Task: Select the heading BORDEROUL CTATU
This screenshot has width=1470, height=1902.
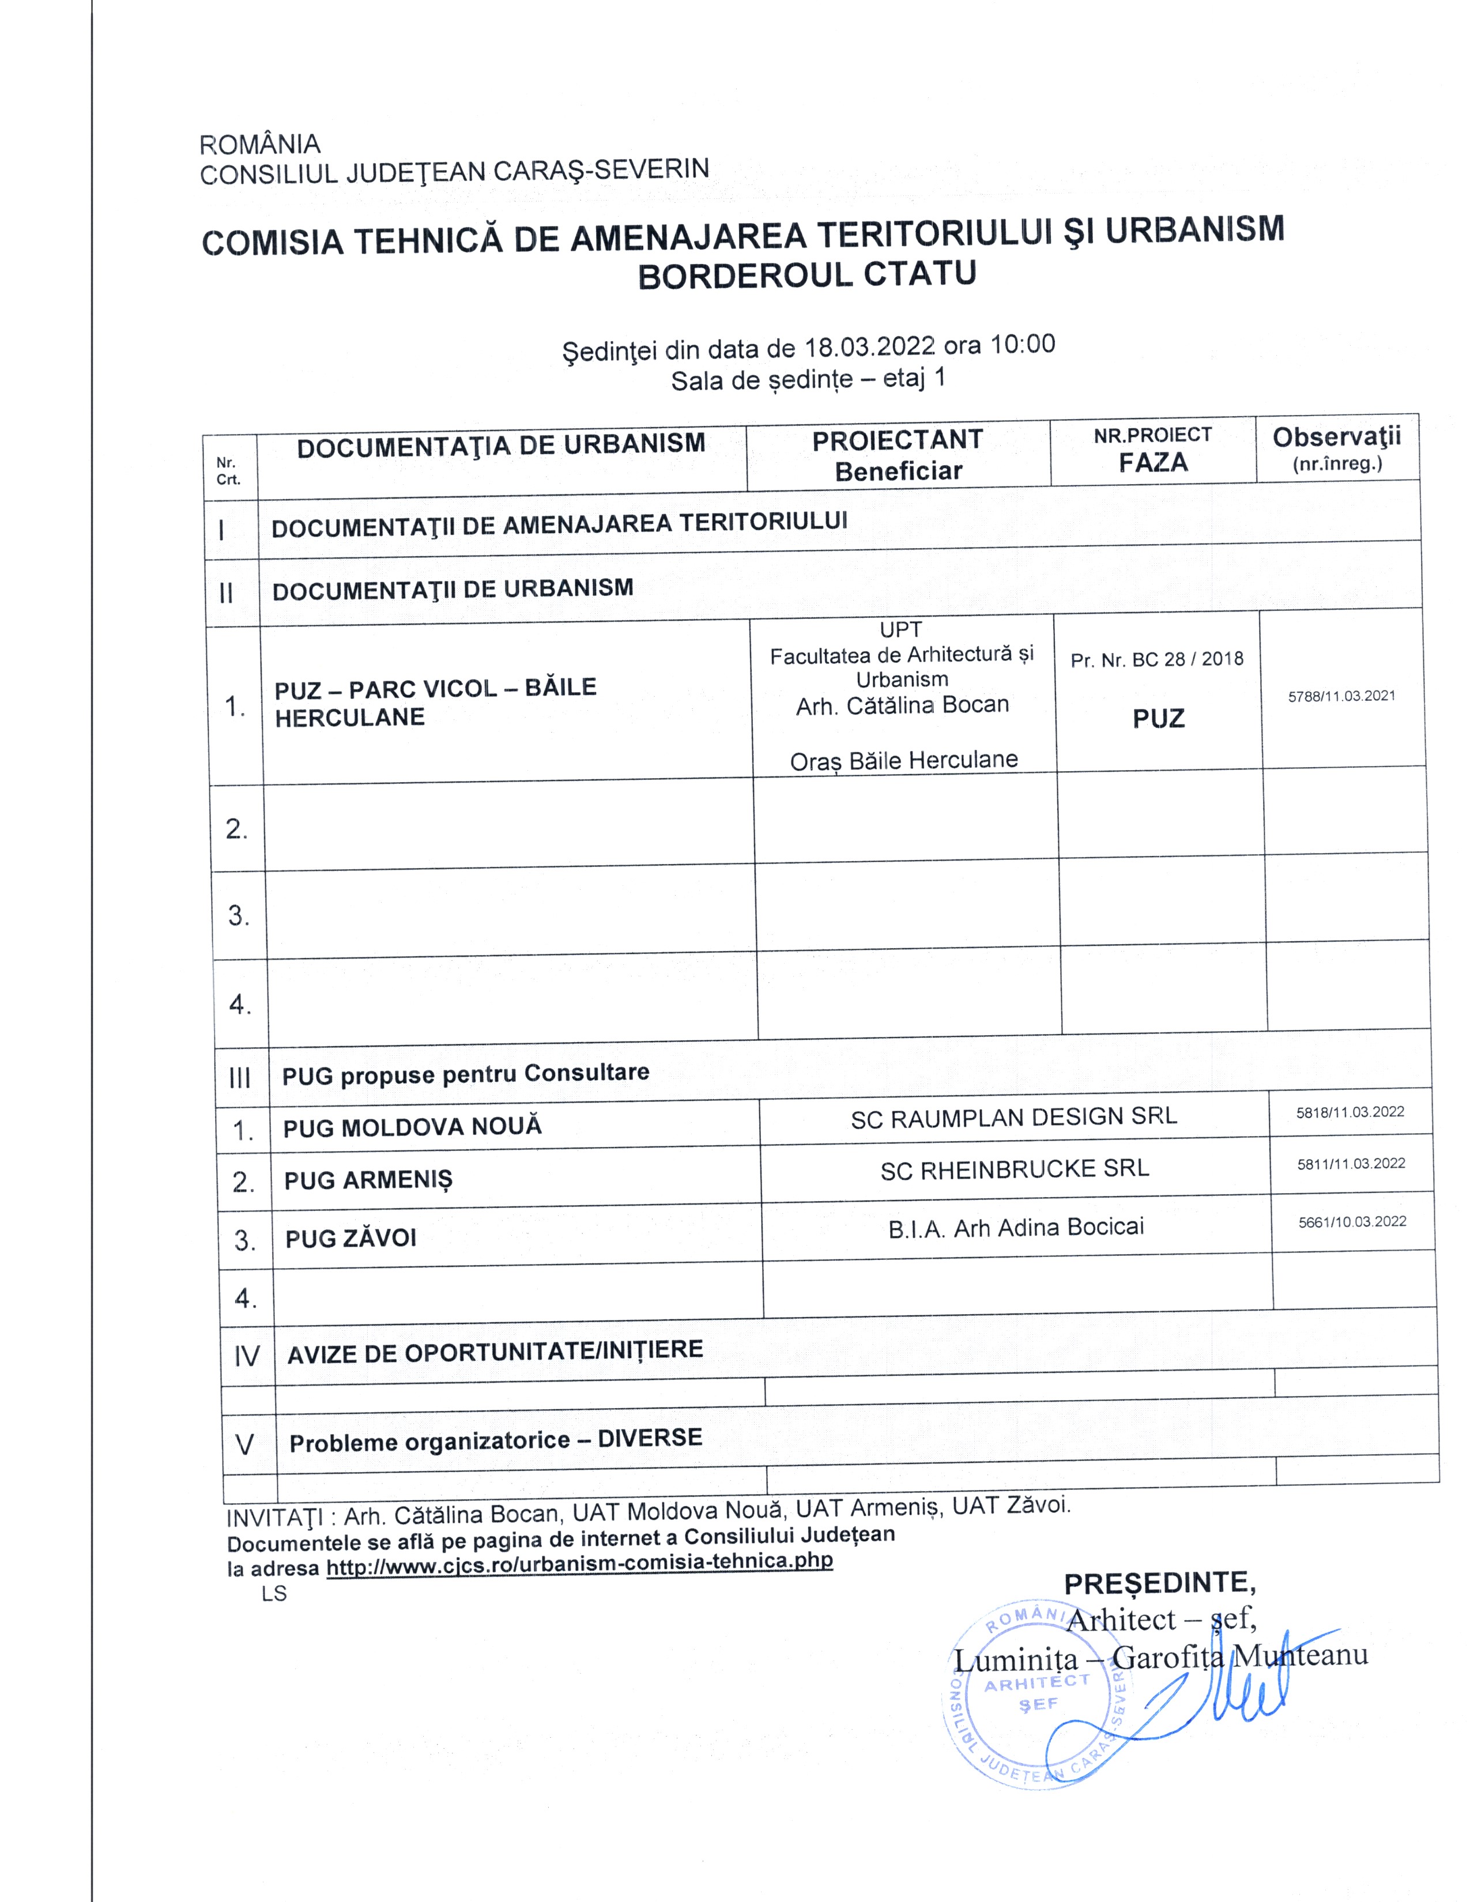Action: click(806, 275)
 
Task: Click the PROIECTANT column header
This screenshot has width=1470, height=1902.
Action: click(897, 441)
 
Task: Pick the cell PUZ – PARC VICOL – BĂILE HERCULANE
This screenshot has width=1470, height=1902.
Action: click(435, 702)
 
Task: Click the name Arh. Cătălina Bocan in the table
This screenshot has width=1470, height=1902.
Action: click(902, 705)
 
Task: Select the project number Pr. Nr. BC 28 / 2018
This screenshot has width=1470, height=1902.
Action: click(1156, 659)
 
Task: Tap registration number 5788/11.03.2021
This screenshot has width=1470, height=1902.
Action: click(1341, 696)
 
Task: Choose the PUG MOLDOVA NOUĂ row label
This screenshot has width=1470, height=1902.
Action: click(412, 1127)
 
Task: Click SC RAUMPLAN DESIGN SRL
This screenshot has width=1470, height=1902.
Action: click(1013, 1118)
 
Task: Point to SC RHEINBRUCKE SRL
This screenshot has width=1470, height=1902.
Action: click(1015, 1169)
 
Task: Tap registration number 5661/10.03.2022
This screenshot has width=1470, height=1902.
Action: click(1352, 1222)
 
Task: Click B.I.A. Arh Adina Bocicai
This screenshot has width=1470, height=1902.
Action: click(1015, 1228)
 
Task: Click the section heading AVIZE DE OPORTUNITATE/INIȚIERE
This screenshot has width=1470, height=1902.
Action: click(495, 1351)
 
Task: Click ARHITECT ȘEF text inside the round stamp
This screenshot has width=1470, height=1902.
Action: click(1036, 1691)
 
